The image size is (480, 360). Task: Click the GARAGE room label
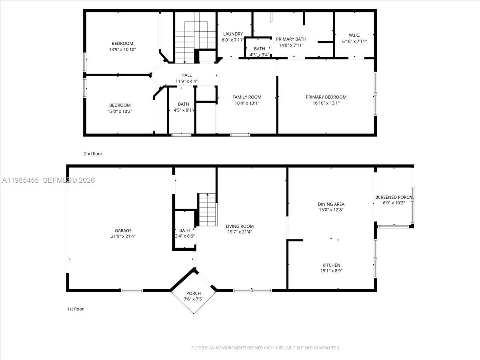pos(123,230)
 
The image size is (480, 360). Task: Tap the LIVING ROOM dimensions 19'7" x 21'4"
pos(239,232)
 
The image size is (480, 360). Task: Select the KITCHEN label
pos(331,265)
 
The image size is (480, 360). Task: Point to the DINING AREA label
pos(331,204)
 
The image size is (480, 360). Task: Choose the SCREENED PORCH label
pos(394,197)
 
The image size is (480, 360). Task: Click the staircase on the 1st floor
pos(208,210)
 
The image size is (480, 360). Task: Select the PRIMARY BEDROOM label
pos(326,97)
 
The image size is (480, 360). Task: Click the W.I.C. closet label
pos(354,35)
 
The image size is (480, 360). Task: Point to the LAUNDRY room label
pos(233,34)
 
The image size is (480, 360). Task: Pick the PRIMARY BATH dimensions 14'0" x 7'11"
pos(291,45)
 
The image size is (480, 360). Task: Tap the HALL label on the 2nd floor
pos(186,75)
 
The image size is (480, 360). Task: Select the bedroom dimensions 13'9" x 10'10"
pos(122,50)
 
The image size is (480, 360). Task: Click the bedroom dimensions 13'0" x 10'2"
pos(120,111)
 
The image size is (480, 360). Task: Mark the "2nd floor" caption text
pos(93,154)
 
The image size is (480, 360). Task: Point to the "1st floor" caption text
pos(75,309)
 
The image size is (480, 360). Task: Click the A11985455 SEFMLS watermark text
pos(48,180)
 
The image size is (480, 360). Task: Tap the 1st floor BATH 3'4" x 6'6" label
pos(185,230)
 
